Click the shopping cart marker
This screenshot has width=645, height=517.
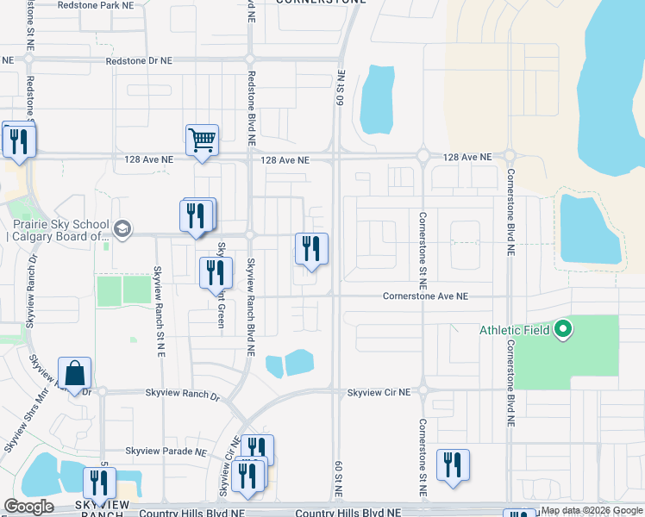tap(202, 139)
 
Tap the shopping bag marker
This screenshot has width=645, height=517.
tap(75, 373)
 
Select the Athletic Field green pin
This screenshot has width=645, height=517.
tap(563, 328)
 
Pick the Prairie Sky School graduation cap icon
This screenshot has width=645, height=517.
tap(122, 228)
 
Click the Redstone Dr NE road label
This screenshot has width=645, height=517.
tap(139, 61)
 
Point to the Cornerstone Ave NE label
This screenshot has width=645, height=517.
tap(426, 296)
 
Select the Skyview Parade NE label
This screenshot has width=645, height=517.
tap(166, 451)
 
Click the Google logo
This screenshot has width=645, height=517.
tap(28, 507)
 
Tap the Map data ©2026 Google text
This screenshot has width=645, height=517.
tap(592, 511)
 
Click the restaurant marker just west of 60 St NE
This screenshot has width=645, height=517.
tap(312, 248)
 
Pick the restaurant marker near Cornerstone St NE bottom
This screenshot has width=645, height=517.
tap(453, 464)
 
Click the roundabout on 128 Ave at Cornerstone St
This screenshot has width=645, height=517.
tap(423, 157)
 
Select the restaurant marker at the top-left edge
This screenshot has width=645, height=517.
tap(19, 140)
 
